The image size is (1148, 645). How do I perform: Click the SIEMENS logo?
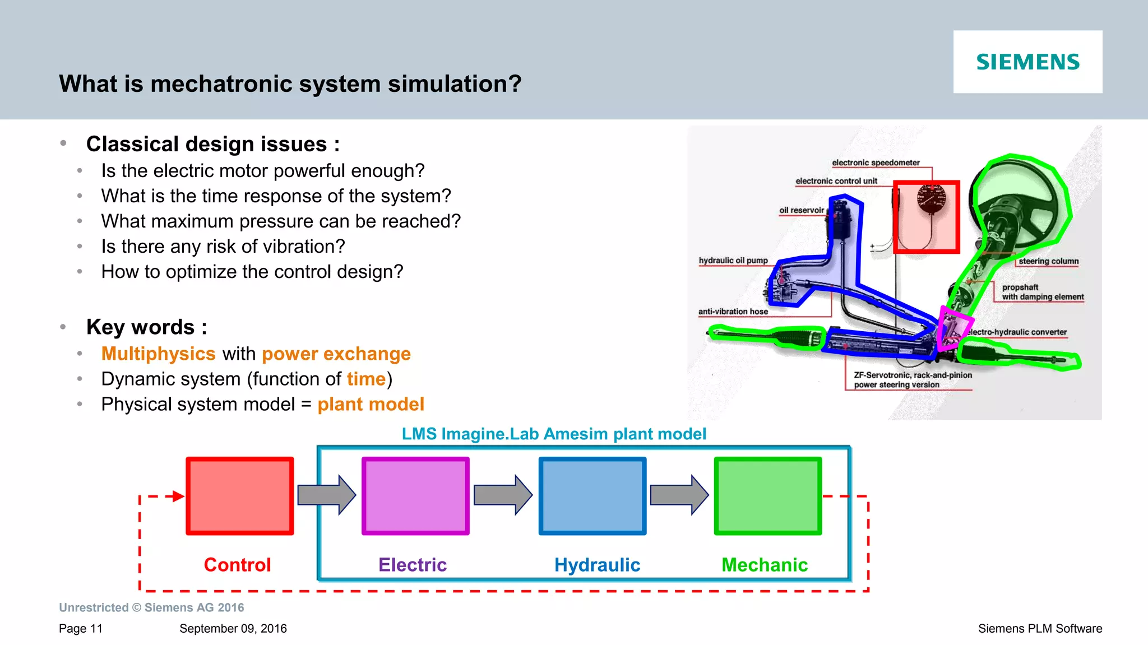coord(1027,62)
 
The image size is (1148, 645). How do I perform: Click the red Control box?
coord(240,496)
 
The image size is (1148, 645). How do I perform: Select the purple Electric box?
coord(415,496)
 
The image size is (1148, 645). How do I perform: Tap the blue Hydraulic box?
coord(592,496)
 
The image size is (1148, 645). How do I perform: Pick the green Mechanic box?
coord(767,496)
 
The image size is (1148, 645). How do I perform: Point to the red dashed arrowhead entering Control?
coord(178,496)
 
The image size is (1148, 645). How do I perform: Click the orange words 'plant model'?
coord(371,404)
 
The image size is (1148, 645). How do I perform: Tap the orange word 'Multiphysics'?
coord(158,354)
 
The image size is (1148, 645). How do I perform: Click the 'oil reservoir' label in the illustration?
coord(802,210)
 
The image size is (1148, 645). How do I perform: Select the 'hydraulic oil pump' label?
coord(733,261)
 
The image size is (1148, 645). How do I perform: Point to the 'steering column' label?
coord(1048,261)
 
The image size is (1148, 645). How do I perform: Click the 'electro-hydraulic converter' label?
coord(1017,332)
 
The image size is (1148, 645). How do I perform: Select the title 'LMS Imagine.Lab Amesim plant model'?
coord(554,434)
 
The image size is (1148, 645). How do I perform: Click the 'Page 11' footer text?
coord(81,628)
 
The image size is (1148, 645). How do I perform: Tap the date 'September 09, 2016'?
coord(233,628)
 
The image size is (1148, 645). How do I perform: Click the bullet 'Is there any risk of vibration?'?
coord(223,247)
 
